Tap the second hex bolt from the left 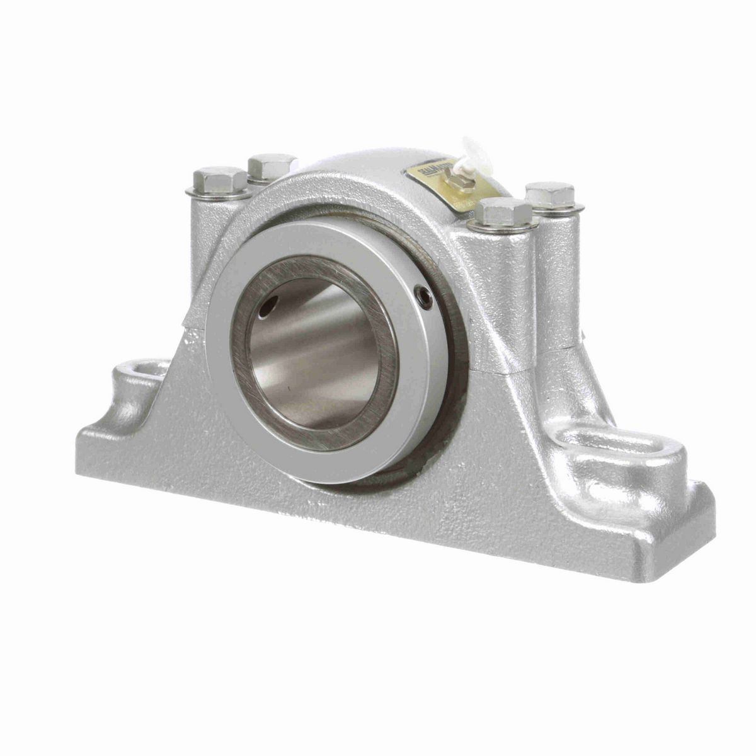click(x=272, y=165)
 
